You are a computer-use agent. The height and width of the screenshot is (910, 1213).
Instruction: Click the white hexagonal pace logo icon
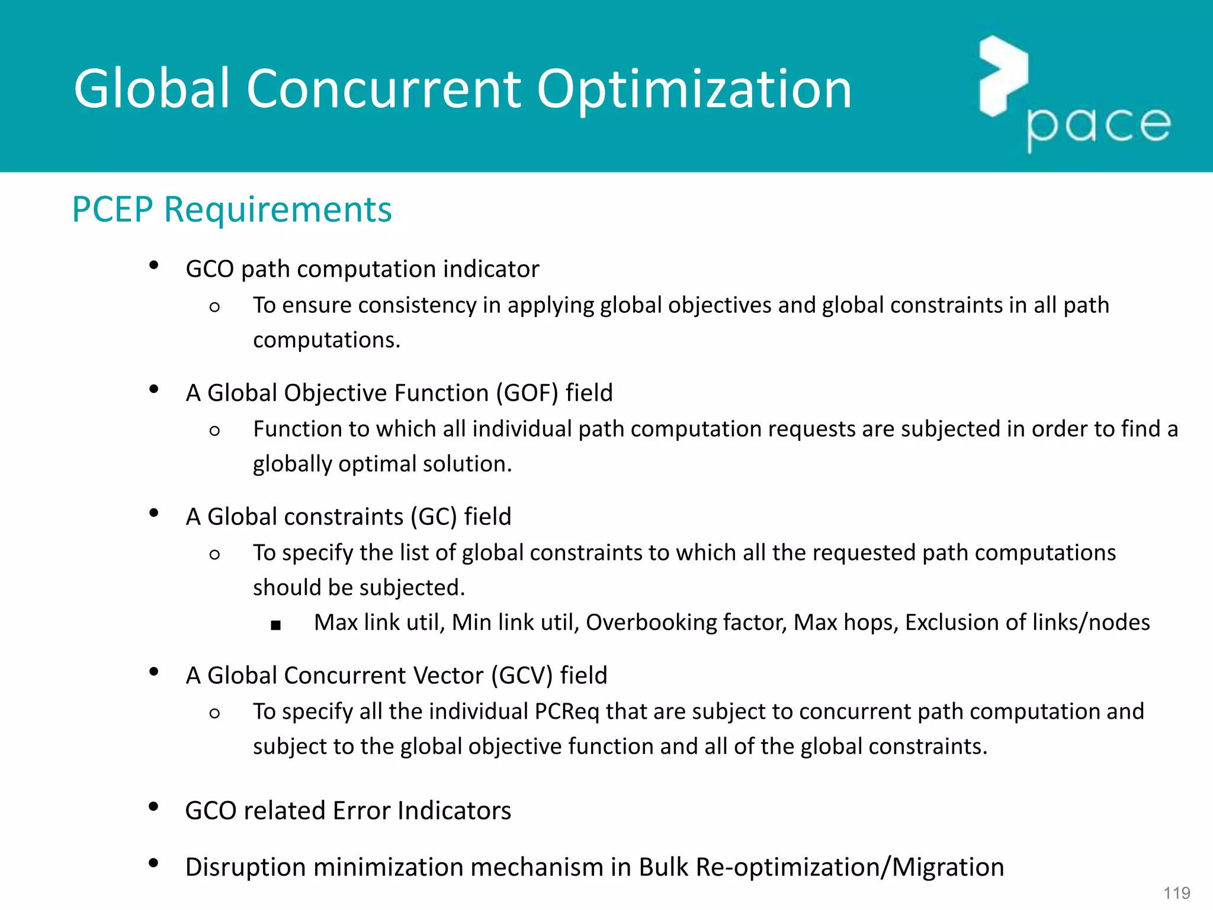click(x=1003, y=76)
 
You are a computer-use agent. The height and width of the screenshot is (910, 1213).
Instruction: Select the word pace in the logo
click(x=1099, y=126)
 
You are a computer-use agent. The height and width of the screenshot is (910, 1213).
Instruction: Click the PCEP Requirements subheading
click(x=232, y=209)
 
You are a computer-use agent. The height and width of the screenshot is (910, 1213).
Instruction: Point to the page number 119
click(x=1176, y=893)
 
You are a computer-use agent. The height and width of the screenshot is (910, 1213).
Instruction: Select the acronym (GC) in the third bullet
click(x=434, y=517)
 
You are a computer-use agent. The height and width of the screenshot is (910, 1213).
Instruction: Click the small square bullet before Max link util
click(x=275, y=625)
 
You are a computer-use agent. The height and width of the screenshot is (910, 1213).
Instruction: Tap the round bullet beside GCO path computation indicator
click(x=154, y=265)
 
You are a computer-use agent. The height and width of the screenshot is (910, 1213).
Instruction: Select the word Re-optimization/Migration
click(x=850, y=867)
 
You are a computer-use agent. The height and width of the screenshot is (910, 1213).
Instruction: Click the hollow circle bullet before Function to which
click(x=214, y=431)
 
